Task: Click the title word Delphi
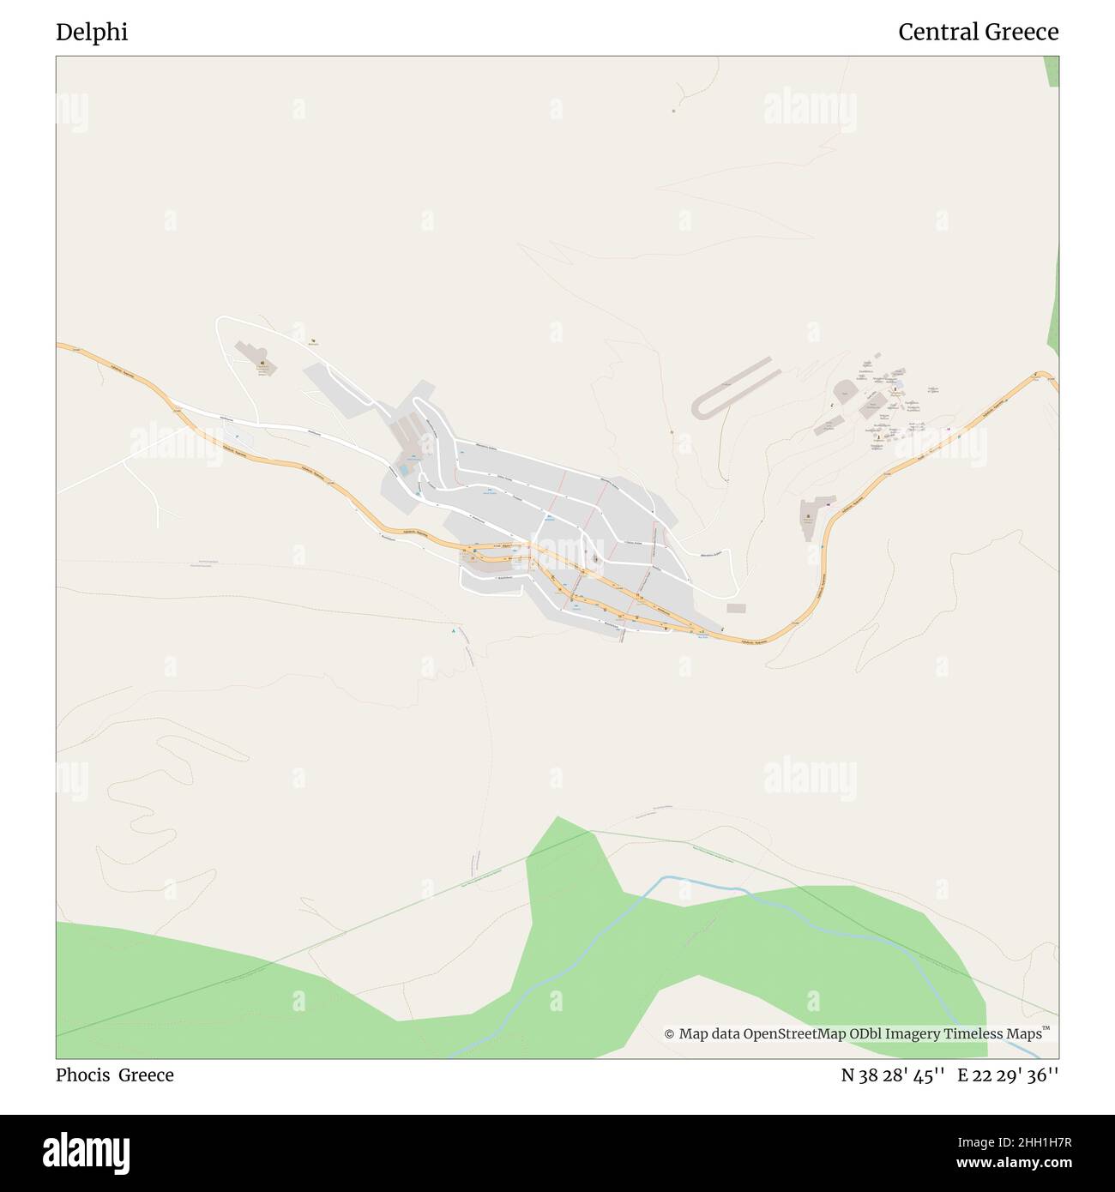coord(92,33)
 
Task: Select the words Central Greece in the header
coord(978,33)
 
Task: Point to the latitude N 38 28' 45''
coord(892,1075)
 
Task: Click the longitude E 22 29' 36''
coord(1008,1075)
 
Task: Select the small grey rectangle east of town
coord(736,608)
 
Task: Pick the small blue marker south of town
coord(453,633)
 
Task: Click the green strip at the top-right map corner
coord(1052,73)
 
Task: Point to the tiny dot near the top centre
coord(673,111)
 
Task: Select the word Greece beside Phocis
coord(146,1075)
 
